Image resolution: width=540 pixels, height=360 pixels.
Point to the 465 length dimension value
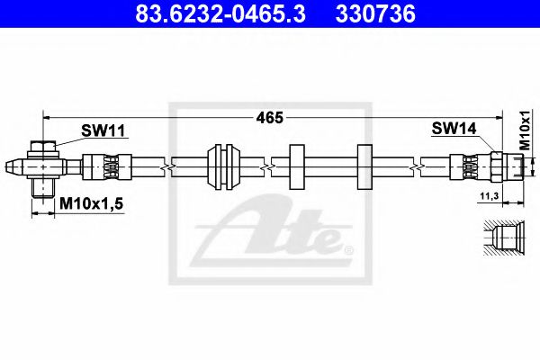pyautogui.click(x=270, y=118)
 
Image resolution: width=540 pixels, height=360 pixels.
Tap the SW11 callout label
pyautogui.click(x=103, y=131)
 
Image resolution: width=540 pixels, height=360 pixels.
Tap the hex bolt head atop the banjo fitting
pyautogui.click(x=42, y=147)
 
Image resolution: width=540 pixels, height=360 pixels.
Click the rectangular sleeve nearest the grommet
pyautogui.click(x=298, y=166)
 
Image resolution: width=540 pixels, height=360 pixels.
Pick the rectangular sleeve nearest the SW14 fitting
pyautogui.click(x=364, y=166)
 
